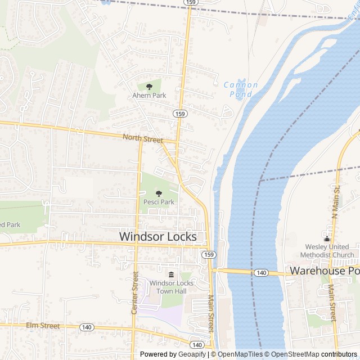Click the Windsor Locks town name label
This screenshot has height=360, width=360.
(x=158, y=237)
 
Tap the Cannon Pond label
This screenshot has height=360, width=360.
(x=241, y=89)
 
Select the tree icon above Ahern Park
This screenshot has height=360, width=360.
(x=149, y=87)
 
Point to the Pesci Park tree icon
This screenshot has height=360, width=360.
(x=158, y=193)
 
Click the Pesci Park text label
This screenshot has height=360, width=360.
(x=159, y=202)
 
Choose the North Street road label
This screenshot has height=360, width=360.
(x=143, y=138)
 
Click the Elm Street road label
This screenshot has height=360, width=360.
(x=43, y=326)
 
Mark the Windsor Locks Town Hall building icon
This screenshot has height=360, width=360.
(x=172, y=274)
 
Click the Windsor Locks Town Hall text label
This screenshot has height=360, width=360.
(x=172, y=287)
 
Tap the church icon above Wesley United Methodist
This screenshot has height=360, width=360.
(x=327, y=238)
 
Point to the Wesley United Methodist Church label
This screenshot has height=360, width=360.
(x=330, y=251)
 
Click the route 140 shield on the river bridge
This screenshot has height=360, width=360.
(x=260, y=273)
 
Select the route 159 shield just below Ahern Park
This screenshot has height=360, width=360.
(x=179, y=114)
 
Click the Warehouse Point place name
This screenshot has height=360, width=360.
(x=324, y=271)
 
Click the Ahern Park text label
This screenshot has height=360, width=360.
(x=149, y=96)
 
